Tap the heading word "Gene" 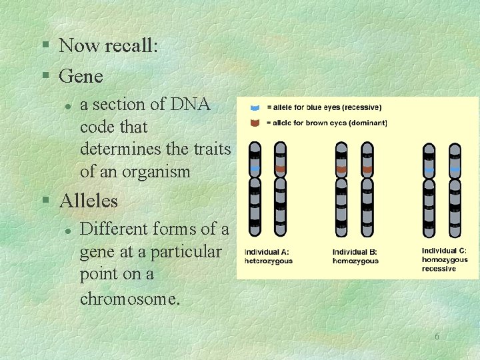tap(81, 76)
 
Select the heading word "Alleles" tap(88, 200)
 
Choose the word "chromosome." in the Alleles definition tap(130, 298)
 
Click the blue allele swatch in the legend tap(255, 107)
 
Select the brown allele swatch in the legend tap(255, 123)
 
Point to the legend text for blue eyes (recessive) tap(324, 107)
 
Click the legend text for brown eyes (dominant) tap(327, 123)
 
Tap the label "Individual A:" tap(267, 251)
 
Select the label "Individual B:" tap(355, 251)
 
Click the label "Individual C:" tap(444, 251)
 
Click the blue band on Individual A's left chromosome tap(255, 170)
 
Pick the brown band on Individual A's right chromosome tap(280, 170)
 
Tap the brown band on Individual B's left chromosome tap(341, 170)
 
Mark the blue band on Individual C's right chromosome tap(455, 170)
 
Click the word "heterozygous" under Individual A tap(269, 261)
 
